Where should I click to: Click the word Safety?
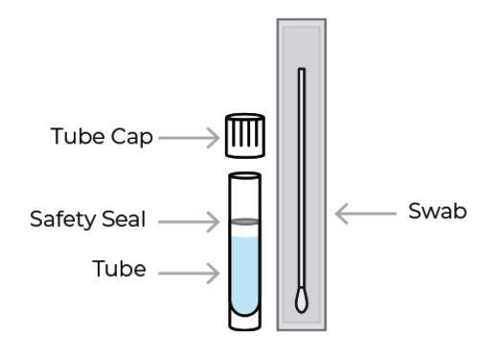[62, 219]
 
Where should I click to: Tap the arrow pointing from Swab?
[367, 213]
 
